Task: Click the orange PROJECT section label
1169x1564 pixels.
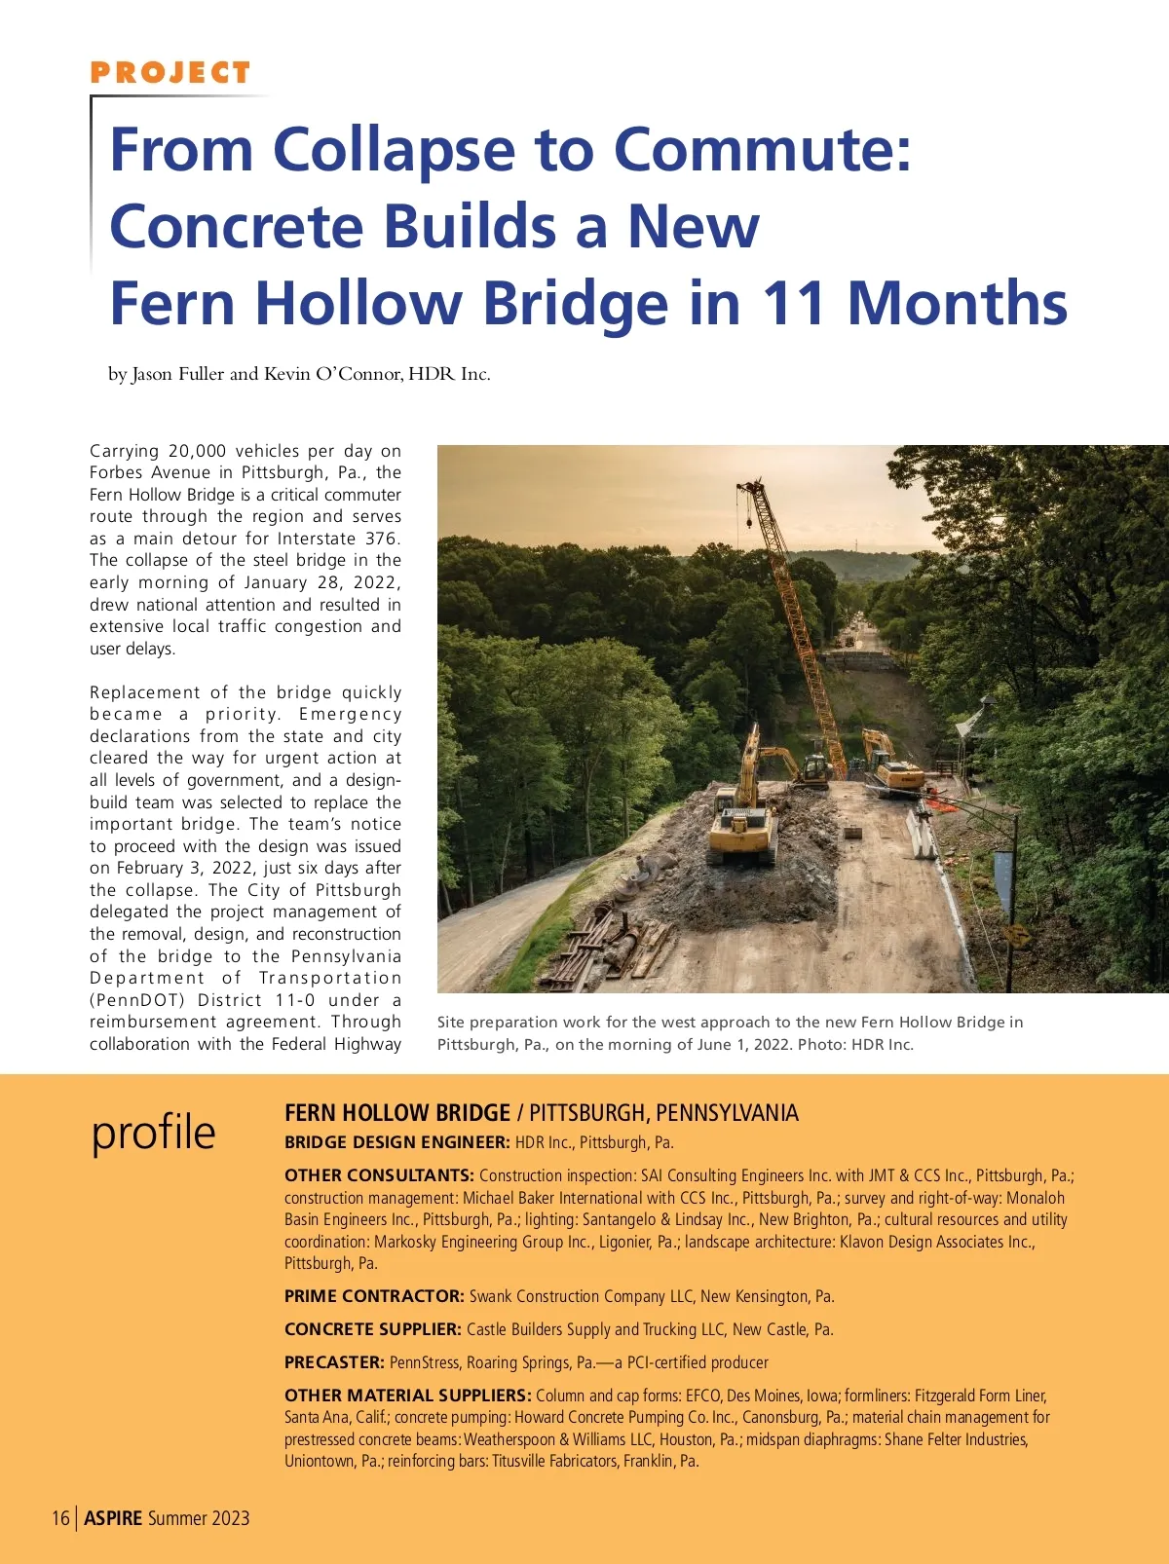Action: click(x=170, y=73)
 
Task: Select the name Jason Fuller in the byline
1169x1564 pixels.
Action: click(x=178, y=374)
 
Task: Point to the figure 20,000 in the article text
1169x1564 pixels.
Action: click(x=197, y=451)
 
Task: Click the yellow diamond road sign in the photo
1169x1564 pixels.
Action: click(x=1016, y=936)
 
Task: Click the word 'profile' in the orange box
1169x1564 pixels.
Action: click(x=153, y=1132)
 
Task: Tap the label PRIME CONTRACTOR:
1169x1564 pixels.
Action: click(x=374, y=1296)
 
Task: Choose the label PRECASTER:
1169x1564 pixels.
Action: click(x=334, y=1362)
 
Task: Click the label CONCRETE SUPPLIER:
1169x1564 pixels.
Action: click(x=372, y=1329)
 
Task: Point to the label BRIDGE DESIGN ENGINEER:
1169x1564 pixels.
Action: click(x=396, y=1142)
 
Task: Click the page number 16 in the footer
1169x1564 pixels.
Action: click(x=60, y=1518)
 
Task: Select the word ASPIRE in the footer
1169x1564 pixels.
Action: click(x=113, y=1518)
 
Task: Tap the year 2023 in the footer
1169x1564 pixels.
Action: click(x=230, y=1518)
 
